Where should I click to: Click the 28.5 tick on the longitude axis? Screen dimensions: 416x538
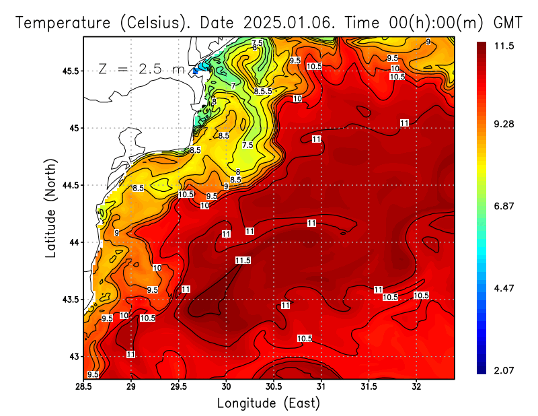84,387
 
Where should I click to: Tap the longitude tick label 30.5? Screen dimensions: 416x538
274,387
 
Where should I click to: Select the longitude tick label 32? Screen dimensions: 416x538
417,387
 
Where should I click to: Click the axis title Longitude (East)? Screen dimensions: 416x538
268,403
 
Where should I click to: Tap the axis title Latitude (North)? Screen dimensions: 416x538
51,208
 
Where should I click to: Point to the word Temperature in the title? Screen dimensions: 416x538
64,22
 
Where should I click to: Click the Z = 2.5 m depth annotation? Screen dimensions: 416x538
141,69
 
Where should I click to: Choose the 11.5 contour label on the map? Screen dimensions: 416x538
243,261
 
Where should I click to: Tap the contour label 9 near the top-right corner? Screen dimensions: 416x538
428,42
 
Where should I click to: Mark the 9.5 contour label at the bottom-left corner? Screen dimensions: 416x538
93,374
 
